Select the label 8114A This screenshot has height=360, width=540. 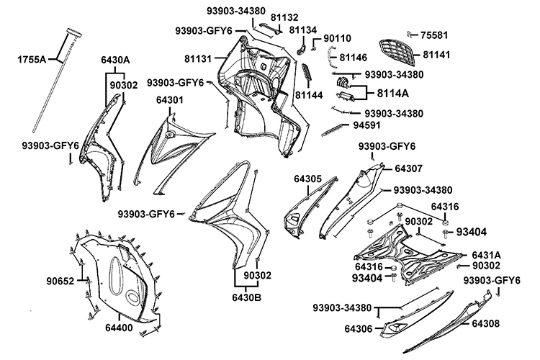click(393, 93)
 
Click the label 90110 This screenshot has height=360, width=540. click(337, 38)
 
